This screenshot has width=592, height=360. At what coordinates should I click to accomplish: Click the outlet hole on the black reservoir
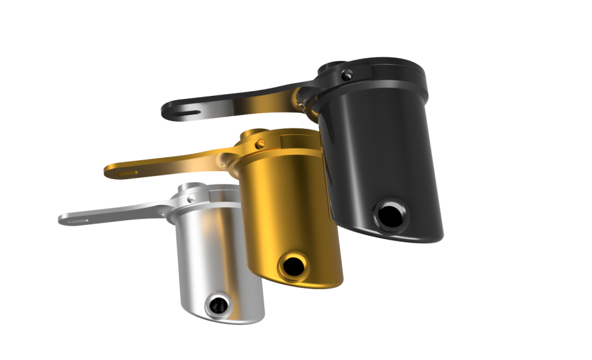point(391,215)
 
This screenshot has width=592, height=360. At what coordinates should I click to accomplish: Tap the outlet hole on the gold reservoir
point(293,266)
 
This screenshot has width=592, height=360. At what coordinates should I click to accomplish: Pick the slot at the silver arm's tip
point(77,220)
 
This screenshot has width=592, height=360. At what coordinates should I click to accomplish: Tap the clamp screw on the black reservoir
point(346,74)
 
